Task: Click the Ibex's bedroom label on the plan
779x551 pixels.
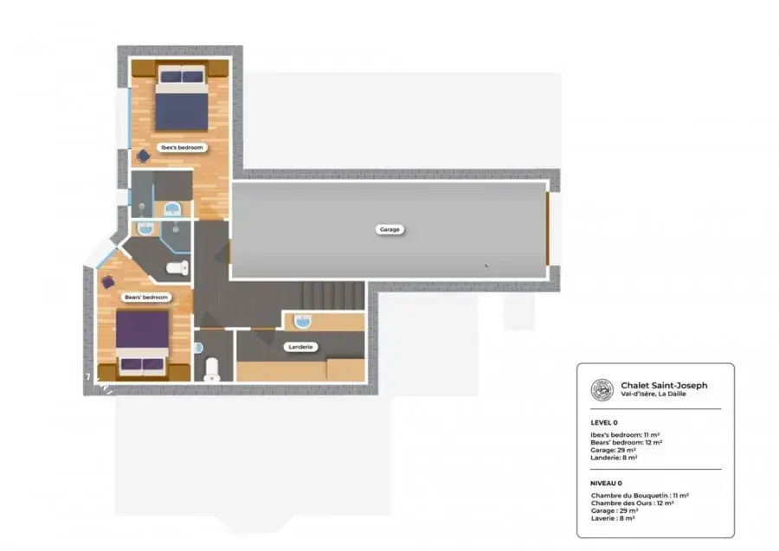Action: click(182, 147)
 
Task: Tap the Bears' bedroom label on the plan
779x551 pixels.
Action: click(146, 298)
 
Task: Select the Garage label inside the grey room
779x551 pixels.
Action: click(389, 229)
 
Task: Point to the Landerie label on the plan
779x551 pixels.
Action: click(300, 347)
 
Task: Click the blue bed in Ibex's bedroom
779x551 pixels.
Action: click(182, 99)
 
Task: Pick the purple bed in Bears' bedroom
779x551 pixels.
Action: click(143, 342)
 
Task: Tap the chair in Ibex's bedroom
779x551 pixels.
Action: click(143, 157)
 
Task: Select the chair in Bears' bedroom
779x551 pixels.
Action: click(108, 283)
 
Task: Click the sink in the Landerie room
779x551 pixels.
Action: click(302, 322)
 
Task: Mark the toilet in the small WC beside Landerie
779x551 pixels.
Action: click(212, 368)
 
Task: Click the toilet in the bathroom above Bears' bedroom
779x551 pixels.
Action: click(177, 268)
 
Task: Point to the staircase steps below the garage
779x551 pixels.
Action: click(333, 296)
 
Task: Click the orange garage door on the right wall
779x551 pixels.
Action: click(548, 229)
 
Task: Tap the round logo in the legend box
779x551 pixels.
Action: click(602, 389)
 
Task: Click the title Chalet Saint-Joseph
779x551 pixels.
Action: click(664, 385)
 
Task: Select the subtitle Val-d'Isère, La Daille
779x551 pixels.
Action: click(653, 394)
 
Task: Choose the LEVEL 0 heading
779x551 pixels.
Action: click(604, 423)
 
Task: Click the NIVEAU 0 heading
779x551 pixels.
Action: click(606, 483)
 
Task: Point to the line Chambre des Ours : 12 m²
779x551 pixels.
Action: click(633, 503)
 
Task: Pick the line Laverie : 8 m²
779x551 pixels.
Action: click(613, 518)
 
